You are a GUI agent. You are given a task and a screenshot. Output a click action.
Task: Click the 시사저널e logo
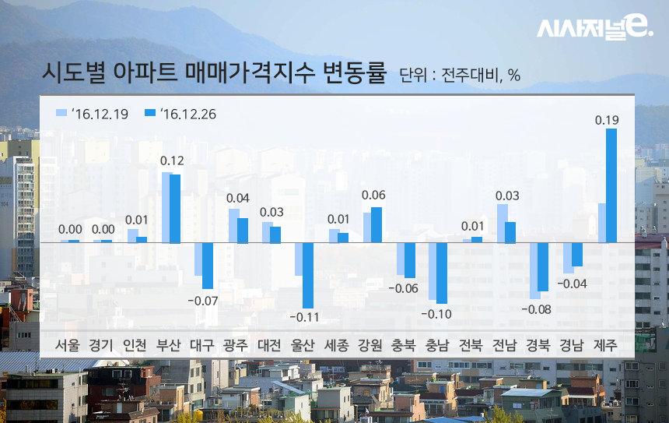click(594, 29)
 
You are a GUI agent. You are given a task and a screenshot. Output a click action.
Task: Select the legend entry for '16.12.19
click(94, 114)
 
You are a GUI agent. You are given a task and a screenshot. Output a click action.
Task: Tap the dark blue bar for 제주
click(611, 185)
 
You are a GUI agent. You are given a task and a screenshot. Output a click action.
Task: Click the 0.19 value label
click(607, 120)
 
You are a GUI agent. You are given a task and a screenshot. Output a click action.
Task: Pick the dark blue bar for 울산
click(308, 275)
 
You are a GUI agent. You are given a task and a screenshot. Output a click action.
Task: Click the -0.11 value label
click(304, 318)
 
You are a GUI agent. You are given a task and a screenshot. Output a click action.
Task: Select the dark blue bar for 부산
click(175, 208)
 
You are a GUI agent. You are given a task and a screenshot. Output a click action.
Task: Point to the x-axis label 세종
click(336, 344)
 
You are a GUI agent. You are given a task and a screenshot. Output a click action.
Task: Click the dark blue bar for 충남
click(442, 273)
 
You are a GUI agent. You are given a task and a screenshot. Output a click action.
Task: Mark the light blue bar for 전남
click(502, 224)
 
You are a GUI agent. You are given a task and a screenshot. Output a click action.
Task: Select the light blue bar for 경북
click(534, 270)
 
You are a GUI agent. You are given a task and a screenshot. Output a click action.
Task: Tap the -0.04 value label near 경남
click(573, 284)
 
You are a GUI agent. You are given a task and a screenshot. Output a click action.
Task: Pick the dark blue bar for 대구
click(208, 266)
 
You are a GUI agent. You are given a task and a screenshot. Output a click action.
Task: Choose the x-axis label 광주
click(236, 344)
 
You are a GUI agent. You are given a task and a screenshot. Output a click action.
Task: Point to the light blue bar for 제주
click(601, 223)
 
